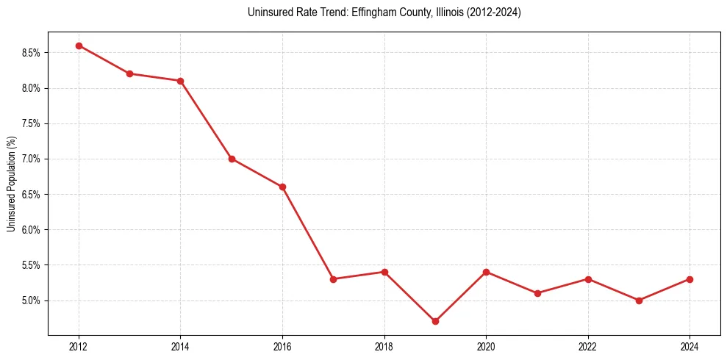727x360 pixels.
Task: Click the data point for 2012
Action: (79, 46)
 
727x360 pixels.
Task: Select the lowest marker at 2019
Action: (435, 321)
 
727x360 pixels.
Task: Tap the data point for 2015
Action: (232, 159)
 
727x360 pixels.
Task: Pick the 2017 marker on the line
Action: (333, 279)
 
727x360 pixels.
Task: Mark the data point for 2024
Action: (690, 279)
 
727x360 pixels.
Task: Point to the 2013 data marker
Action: (129, 73)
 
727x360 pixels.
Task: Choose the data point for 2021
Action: (537, 293)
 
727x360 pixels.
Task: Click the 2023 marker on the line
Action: (639, 300)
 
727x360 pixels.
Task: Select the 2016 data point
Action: (282, 187)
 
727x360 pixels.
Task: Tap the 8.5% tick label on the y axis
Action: (32, 53)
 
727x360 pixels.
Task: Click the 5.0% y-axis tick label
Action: (32, 300)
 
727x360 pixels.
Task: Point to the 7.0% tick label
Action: (32, 159)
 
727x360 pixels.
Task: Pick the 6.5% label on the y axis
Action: (32, 195)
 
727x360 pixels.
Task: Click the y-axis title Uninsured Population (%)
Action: (11, 184)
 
